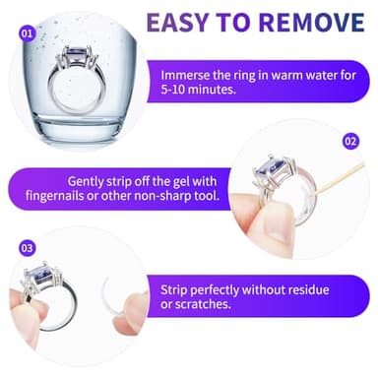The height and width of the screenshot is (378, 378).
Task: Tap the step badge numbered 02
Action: [x=351, y=142]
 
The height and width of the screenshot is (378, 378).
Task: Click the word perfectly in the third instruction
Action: [x=215, y=291]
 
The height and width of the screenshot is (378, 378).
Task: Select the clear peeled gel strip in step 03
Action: [x=120, y=295]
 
